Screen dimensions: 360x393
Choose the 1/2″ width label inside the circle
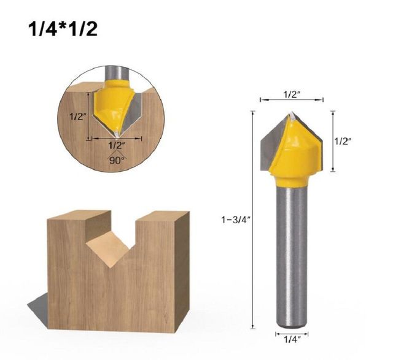pos(116,146)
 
